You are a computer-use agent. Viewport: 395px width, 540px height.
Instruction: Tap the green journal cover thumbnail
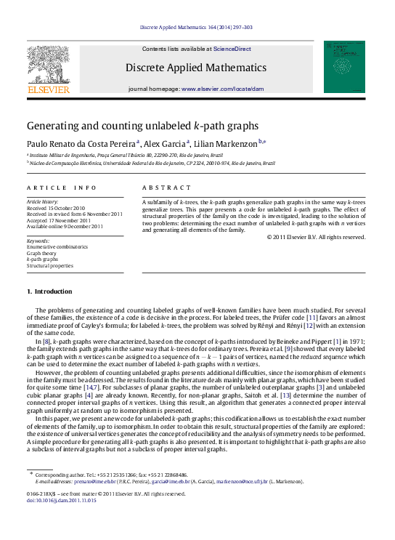point(344,67)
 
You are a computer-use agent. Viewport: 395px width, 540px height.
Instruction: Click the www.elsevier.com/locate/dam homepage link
point(232,88)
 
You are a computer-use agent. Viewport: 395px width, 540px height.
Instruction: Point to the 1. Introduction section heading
point(49,291)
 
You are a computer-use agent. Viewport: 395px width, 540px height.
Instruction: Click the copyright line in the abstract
point(316,237)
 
